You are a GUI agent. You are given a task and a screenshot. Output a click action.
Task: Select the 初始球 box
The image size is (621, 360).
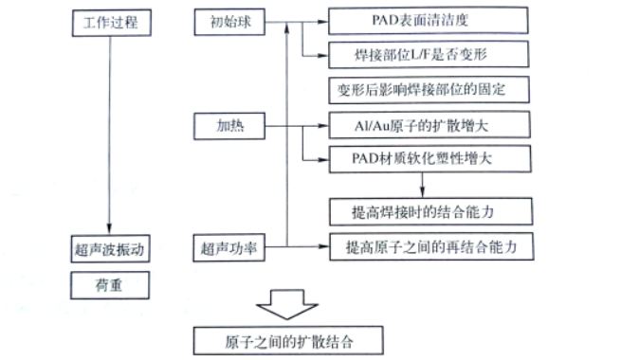tap(228, 22)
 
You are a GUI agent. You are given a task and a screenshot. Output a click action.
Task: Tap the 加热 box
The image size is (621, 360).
tap(228, 124)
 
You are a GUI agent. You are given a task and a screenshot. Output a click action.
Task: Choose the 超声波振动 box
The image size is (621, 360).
tap(112, 251)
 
